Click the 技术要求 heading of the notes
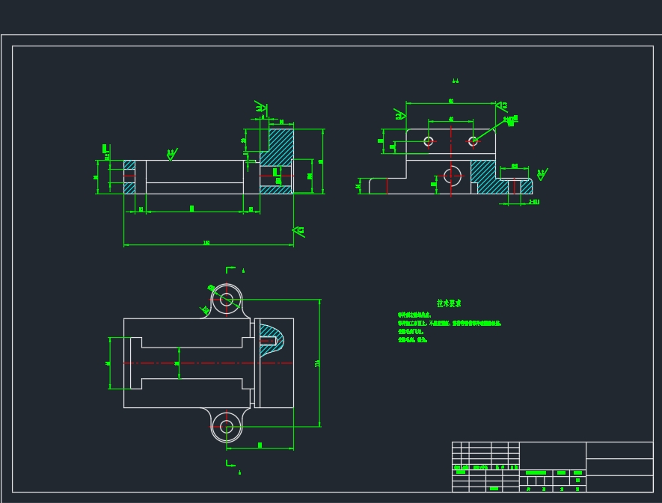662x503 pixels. point(449,303)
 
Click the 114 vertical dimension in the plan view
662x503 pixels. point(318,363)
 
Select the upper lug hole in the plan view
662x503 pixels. point(227,299)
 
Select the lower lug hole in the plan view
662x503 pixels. point(227,427)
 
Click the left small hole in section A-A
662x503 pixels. point(429,141)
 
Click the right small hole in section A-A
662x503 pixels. point(473,141)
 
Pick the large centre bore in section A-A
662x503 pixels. point(451,176)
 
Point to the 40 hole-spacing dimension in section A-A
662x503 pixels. point(451,119)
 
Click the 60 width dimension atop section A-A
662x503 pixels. point(451,100)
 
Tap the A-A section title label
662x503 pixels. point(455,81)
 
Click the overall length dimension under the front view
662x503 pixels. point(206,243)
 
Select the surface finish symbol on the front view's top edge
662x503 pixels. point(171,154)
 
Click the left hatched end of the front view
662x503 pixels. point(129,177)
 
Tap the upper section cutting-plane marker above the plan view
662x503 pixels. point(232,269)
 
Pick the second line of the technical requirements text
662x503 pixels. point(449,324)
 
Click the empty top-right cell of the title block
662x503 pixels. point(619,450)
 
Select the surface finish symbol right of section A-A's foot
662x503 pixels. point(541,174)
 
